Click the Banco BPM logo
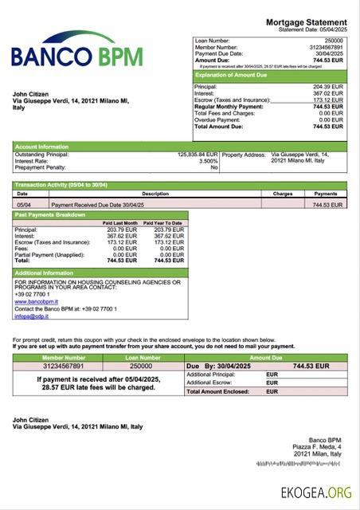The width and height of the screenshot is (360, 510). point(77,49)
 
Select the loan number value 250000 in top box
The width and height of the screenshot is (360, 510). point(335,39)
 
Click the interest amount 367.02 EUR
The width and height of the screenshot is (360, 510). point(328,92)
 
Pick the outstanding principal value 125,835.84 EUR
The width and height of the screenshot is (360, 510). point(198,155)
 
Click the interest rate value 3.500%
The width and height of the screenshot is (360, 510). point(207,161)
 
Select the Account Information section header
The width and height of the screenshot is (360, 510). point(41,147)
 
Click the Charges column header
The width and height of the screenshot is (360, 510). point(283,194)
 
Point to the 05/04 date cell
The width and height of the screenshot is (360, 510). point(25,205)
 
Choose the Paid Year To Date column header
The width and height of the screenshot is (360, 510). point(163,223)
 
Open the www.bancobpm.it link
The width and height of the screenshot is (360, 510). point(36,302)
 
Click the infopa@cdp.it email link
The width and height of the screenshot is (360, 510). point(31,316)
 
